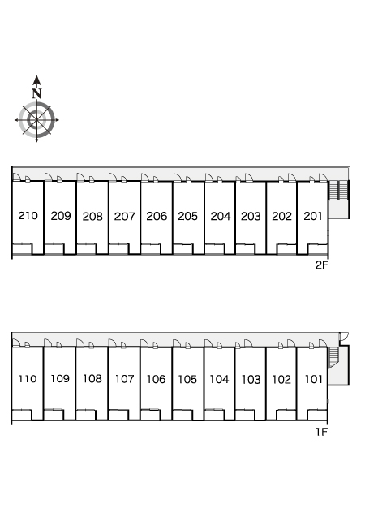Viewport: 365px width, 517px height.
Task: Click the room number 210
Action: click(x=28, y=216)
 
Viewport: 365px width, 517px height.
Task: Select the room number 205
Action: click(x=187, y=216)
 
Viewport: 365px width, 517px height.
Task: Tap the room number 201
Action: click(x=313, y=216)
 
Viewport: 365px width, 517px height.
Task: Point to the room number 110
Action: click(x=28, y=379)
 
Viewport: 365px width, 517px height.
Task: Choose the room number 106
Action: click(x=156, y=379)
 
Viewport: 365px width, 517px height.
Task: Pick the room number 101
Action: click(x=314, y=379)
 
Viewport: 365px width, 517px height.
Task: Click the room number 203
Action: click(x=251, y=216)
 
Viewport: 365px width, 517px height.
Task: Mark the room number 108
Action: click(x=92, y=378)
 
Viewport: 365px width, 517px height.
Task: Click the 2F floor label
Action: click(x=322, y=265)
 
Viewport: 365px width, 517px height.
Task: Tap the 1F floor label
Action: click(x=322, y=432)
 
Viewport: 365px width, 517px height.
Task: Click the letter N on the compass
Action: click(x=36, y=93)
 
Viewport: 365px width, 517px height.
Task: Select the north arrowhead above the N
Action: click(x=36, y=80)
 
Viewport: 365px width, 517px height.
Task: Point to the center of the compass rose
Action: click(x=36, y=120)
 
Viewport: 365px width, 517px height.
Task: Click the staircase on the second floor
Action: click(x=339, y=190)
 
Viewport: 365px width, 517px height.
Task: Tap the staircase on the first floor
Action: click(x=333, y=357)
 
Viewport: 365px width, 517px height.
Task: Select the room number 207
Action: click(x=125, y=216)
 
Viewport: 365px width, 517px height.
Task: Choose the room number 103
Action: click(x=251, y=380)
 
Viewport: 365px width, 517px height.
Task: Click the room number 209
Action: click(x=61, y=216)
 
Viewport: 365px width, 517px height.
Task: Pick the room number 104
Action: click(x=219, y=380)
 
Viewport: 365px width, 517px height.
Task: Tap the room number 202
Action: click(x=281, y=216)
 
